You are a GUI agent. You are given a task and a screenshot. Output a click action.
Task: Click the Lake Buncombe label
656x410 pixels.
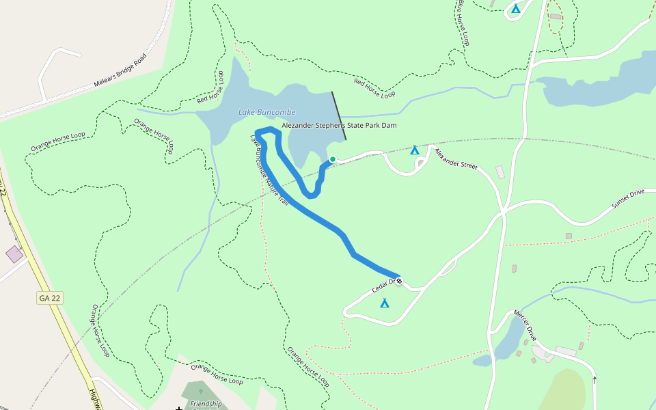[x=266, y=112]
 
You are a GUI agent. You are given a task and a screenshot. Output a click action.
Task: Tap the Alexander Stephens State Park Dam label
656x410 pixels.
[x=339, y=126]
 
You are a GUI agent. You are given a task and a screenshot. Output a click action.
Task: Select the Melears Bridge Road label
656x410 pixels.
[x=120, y=71]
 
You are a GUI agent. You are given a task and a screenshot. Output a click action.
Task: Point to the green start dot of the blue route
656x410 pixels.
[x=332, y=159]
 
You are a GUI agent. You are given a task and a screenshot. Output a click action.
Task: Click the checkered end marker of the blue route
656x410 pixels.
[x=399, y=281]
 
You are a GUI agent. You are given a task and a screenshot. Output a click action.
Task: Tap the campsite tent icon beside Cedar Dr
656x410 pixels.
[x=385, y=303]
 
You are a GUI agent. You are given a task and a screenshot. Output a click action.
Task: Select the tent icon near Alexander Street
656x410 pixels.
[x=414, y=150]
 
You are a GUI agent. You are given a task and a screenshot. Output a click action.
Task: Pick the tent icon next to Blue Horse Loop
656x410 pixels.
[x=516, y=9]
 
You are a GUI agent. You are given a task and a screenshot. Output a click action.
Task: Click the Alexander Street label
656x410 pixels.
[x=456, y=159]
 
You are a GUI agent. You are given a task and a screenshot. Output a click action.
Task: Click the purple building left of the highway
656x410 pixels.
[x=14, y=254]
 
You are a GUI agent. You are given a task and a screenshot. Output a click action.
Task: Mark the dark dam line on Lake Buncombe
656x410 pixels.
[x=339, y=116]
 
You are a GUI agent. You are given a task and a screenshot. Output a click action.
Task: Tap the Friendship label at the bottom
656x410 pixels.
[x=206, y=404]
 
